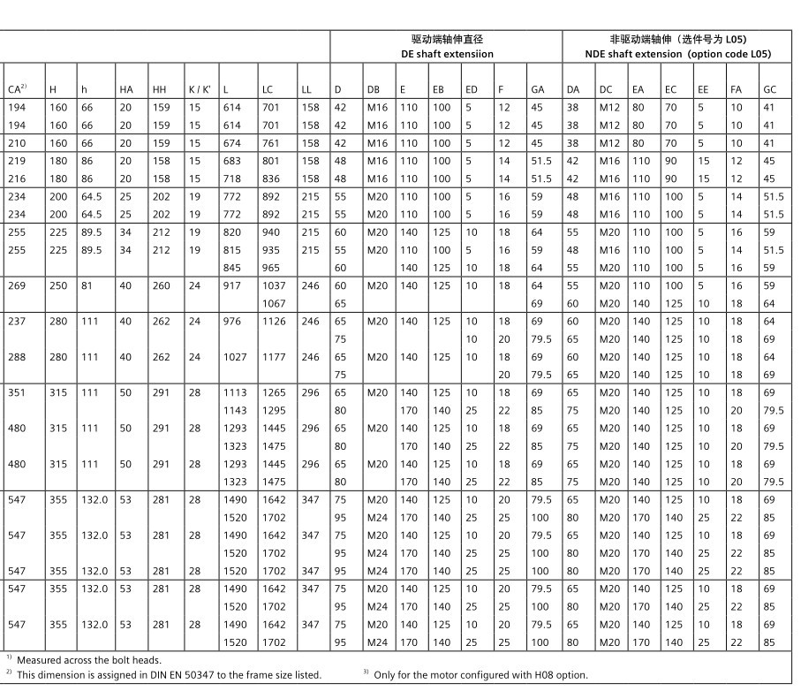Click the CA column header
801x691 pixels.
pos(16,89)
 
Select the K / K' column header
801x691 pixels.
pos(199,89)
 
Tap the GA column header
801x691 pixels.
pos(537,89)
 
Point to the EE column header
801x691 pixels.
pos(702,89)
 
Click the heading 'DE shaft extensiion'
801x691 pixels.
pos(447,54)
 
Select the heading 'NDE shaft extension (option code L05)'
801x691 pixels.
pos(678,54)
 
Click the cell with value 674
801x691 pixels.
pos(231,143)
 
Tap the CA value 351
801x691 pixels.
pos(16,392)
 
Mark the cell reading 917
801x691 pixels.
pos(231,285)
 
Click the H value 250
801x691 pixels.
pos(57,285)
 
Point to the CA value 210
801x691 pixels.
pos(16,143)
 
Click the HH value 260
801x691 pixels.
pos(159,285)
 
